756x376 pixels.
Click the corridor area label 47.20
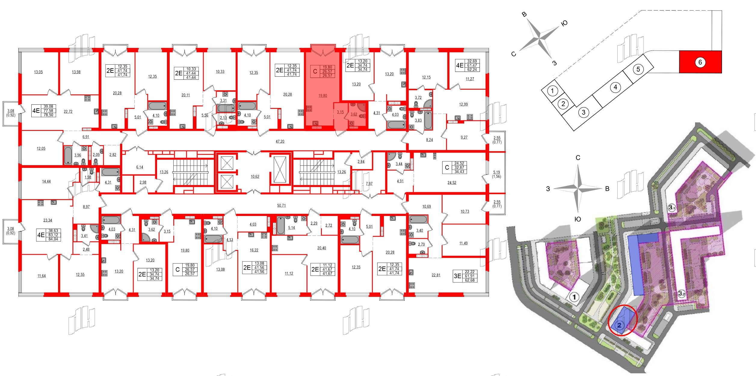click(280, 141)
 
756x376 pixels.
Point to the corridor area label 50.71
click(281, 205)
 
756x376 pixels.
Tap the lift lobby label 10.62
click(255, 177)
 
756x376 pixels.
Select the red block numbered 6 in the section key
click(700, 62)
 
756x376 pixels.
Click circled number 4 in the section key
click(615, 87)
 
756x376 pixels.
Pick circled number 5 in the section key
click(638, 69)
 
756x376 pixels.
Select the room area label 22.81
click(436, 275)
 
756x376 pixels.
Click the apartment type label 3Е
click(457, 276)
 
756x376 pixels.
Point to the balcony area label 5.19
click(496, 172)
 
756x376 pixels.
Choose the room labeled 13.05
click(38, 72)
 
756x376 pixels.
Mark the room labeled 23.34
click(48, 220)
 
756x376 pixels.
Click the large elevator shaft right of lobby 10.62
click(280, 169)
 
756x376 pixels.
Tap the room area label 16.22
click(254, 250)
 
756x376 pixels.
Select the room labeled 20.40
click(321, 248)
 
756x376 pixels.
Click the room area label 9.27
click(464, 137)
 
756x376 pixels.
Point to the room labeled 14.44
click(46, 181)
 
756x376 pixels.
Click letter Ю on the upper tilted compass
click(564, 23)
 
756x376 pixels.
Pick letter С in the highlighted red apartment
click(315, 72)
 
